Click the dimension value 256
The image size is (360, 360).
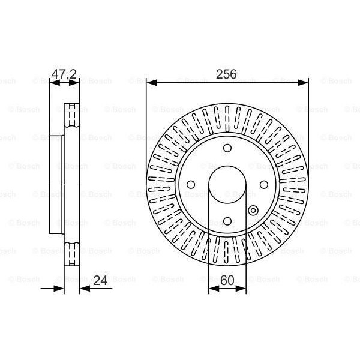227,74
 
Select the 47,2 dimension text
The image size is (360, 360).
63,74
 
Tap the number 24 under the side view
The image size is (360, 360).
100,280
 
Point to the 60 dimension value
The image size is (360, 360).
227,280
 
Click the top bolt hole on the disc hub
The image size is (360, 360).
227,149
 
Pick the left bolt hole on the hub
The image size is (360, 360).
191,185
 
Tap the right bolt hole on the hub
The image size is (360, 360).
263,185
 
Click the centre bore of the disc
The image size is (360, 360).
227,185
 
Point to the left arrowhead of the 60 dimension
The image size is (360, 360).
212,289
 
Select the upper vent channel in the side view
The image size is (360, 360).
71,115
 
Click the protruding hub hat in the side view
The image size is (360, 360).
57,185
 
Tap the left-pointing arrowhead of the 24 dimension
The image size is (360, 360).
84,289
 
